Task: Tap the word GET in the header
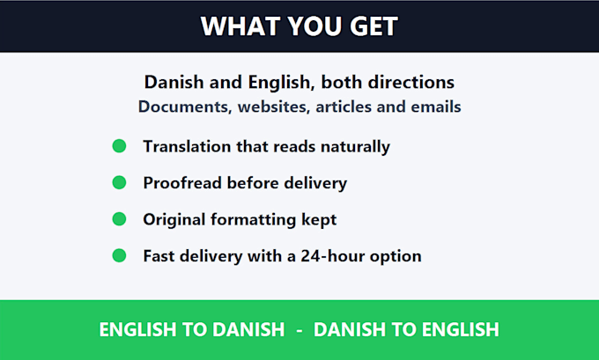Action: (373, 26)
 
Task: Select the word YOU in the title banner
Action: (314, 26)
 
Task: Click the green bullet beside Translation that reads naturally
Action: (119, 146)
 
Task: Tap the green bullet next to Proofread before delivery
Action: (119, 182)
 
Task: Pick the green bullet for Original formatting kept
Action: (119, 219)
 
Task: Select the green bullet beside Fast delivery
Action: (119, 256)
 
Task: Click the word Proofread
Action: (182, 183)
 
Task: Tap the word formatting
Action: (253, 220)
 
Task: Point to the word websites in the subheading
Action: (273, 107)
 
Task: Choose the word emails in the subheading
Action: (436, 107)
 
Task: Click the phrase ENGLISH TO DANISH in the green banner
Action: (192, 329)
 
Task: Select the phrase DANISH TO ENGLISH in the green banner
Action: (406, 329)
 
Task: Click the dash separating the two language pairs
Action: (299, 331)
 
